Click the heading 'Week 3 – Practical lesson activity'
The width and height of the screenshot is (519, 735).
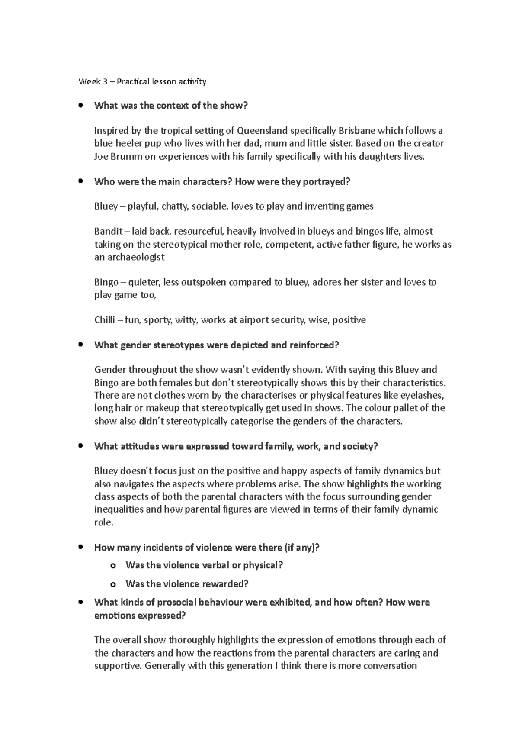[142, 81]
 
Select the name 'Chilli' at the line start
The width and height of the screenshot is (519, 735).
[104, 320]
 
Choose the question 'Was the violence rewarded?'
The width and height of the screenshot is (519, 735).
[187, 584]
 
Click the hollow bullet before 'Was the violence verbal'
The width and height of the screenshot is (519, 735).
[113, 566]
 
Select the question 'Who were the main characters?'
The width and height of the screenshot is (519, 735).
[163, 182]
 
